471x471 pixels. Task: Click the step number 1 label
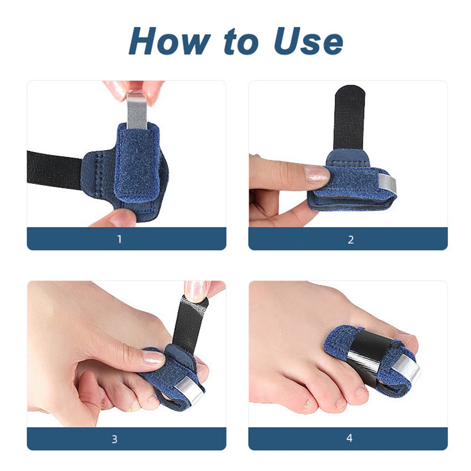coord(119,240)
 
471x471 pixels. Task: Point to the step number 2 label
coord(350,240)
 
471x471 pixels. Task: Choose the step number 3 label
coord(115,439)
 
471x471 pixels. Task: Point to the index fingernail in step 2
coord(318,176)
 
